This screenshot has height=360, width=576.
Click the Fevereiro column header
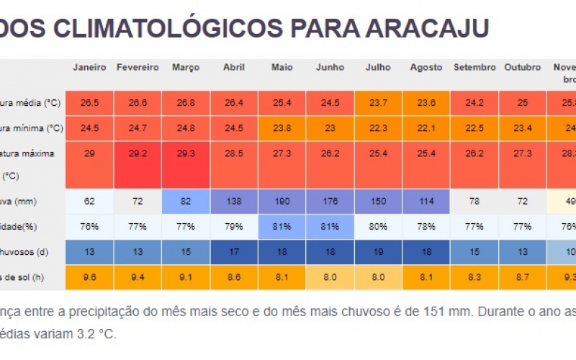[138, 68]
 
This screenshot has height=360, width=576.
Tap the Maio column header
[282, 68]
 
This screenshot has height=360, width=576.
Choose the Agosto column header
[426, 68]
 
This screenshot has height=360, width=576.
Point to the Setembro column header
[474, 68]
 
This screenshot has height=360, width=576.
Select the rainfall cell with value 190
[282, 202]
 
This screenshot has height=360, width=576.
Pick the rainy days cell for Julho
[378, 252]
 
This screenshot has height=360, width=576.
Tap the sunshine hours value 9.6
[89, 276]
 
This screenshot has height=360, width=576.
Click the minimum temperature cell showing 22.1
[426, 128]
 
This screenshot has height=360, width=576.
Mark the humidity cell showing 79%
[234, 227]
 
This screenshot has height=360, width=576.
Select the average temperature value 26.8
[186, 103]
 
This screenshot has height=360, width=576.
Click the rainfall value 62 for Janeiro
[89, 202]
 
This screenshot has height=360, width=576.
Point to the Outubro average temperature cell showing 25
[522, 103]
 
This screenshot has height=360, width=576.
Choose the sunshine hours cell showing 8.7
[522, 276]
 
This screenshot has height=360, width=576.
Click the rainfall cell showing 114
[426, 202]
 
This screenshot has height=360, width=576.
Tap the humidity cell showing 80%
[378, 227]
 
